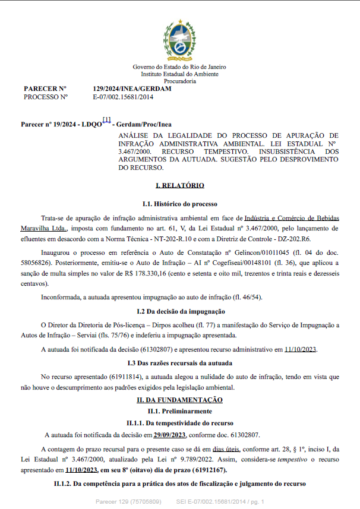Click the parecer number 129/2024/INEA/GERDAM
tap(132, 88)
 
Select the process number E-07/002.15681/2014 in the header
tap(123, 96)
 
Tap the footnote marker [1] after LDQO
tap(106, 120)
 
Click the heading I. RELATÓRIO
tap(179, 186)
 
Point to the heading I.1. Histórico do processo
tap(179, 204)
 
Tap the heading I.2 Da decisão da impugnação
tap(179, 311)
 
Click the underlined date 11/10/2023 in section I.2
tap(301, 349)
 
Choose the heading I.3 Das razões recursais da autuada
tap(179, 362)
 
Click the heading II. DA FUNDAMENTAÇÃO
tap(179, 400)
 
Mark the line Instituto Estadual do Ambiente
tap(179, 74)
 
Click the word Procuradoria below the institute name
tap(179, 81)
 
